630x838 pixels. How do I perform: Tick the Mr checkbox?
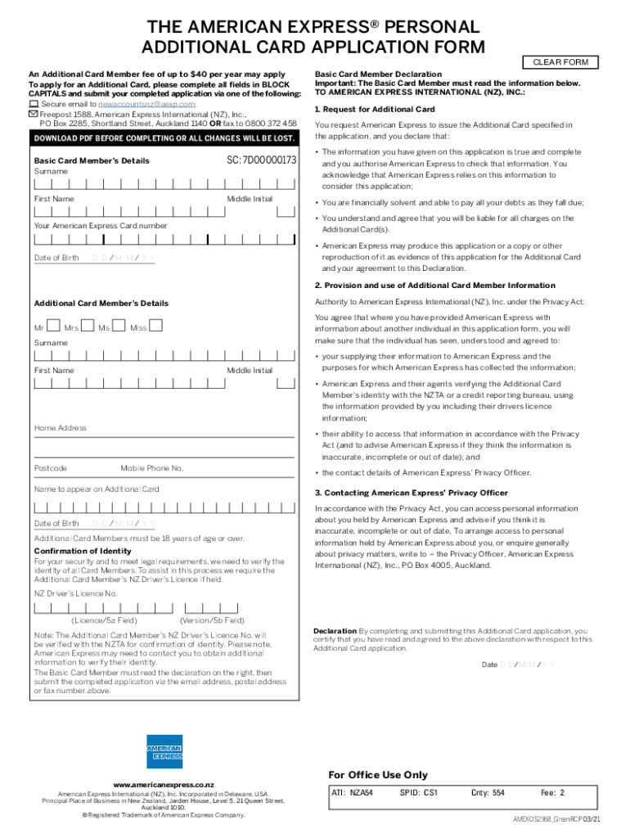point(53,326)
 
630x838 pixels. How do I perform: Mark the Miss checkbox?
point(155,326)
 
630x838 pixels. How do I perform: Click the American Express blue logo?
point(164,751)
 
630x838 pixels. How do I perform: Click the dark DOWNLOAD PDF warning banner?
point(164,138)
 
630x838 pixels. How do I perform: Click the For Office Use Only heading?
point(377,775)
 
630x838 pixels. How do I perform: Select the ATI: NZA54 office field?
point(352,793)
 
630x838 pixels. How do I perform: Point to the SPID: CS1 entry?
point(419,793)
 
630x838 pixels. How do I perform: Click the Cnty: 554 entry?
point(488,793)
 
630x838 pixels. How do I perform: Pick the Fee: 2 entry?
point(552,793)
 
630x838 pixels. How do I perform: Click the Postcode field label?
point(51,468)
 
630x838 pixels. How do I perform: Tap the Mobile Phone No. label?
point(152,468)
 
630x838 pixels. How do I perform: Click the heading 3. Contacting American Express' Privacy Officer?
point(411,493)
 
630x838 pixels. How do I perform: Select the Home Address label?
point(60,428)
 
